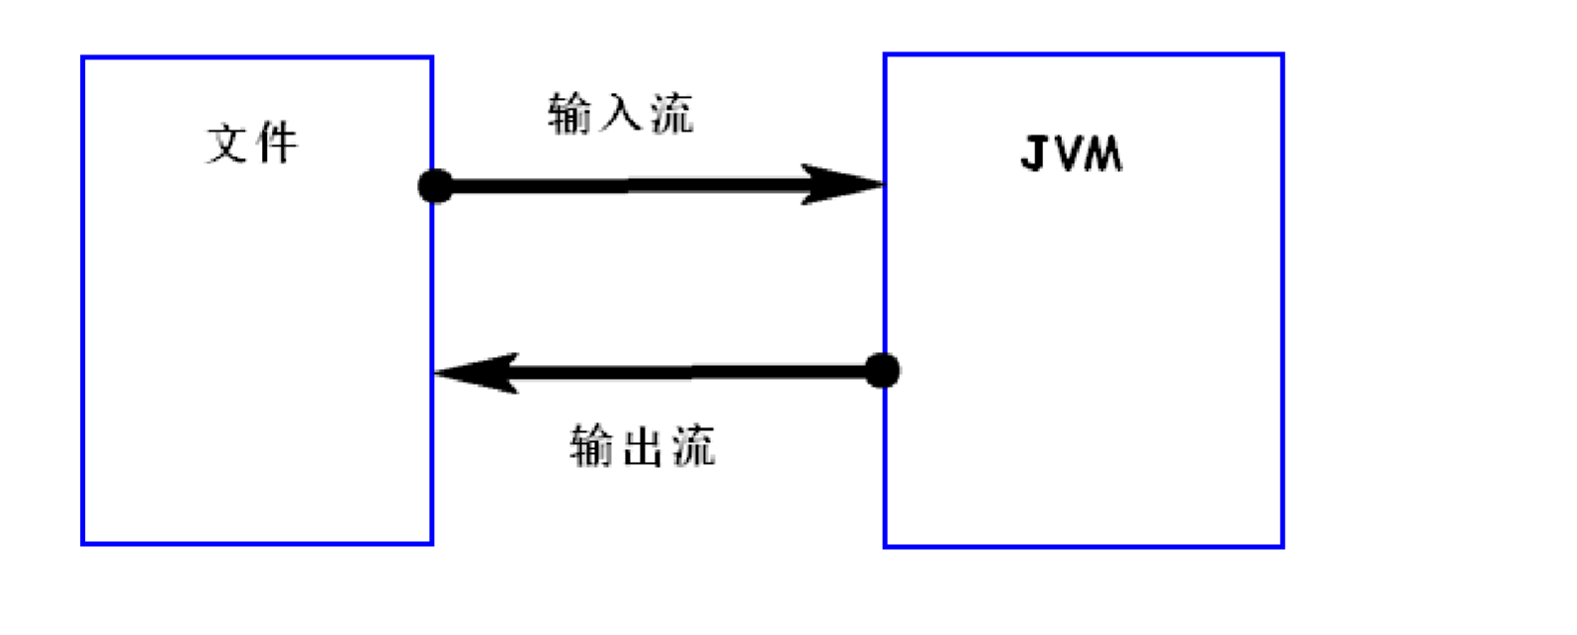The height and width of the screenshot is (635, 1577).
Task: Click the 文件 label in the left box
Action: point(252,143)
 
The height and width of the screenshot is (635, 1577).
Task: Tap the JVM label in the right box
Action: point(1072,154)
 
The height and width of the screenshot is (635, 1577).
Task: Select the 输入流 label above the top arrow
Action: point(621,113)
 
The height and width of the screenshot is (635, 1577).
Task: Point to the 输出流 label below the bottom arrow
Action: point(643,445)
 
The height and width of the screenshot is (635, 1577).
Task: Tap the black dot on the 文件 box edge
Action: point(435,186)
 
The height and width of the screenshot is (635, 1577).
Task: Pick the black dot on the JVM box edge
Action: point(882,371)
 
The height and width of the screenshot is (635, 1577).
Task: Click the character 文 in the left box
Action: point(227,143)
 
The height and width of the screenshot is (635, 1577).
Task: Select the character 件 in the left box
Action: point(276,143)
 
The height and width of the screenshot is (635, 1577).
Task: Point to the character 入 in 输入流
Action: point(621,113)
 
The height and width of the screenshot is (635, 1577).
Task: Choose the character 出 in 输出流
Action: point(643,445)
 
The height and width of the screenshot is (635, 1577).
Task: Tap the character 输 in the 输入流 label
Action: point(570,113)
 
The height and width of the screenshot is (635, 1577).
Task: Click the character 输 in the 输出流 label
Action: point(592,445)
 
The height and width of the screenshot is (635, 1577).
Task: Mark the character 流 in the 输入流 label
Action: point(671,113)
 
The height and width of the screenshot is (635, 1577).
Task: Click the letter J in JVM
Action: point(1034,154)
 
